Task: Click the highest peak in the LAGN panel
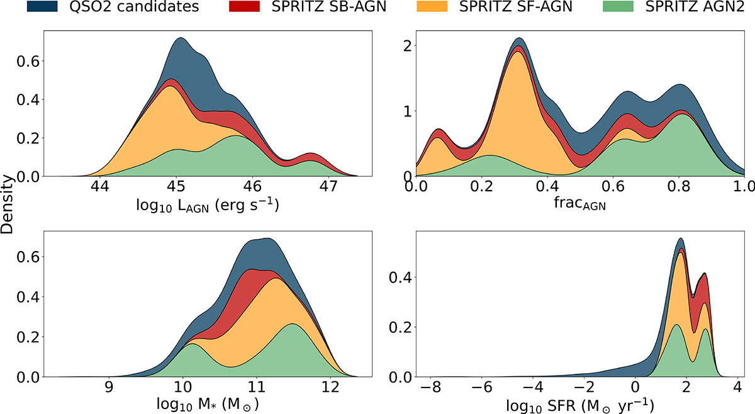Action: point(181,38)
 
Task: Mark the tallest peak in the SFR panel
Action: point(680,239)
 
